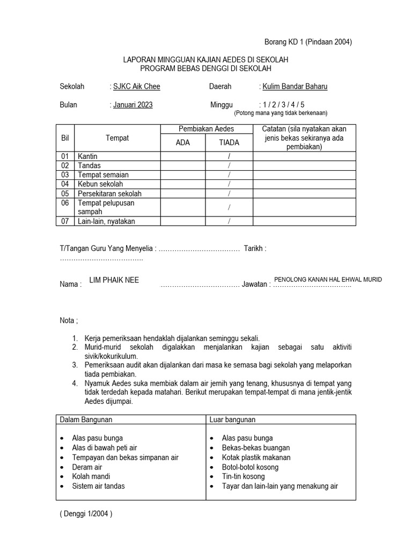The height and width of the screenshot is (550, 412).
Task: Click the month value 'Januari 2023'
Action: (x=133, y=105)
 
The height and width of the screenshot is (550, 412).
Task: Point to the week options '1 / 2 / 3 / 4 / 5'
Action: (x=285, y=105)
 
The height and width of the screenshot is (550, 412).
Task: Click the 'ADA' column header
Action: (x=182, y=142)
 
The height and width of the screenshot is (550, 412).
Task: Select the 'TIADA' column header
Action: (x=229, y=142)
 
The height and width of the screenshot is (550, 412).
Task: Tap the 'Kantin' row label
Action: (x=87, y=156)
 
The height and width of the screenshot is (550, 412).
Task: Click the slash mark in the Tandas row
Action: (x=229, y=165)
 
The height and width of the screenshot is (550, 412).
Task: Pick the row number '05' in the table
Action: (x=65, y=193)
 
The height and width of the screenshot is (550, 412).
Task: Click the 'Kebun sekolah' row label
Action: (x=100, y=184)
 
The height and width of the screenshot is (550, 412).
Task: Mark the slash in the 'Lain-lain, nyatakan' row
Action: (x=229, y=221)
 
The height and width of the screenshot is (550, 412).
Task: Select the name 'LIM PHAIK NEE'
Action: (x=114, y=280)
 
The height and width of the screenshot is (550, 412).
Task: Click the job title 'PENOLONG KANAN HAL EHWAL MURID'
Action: (x=328, y=279)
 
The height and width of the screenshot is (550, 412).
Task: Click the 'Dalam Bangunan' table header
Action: (x=86, y=419)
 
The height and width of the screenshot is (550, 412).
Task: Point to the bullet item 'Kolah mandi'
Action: (x=91, y=476)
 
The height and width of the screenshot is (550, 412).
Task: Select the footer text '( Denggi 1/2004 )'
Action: (x=86, y=513)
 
